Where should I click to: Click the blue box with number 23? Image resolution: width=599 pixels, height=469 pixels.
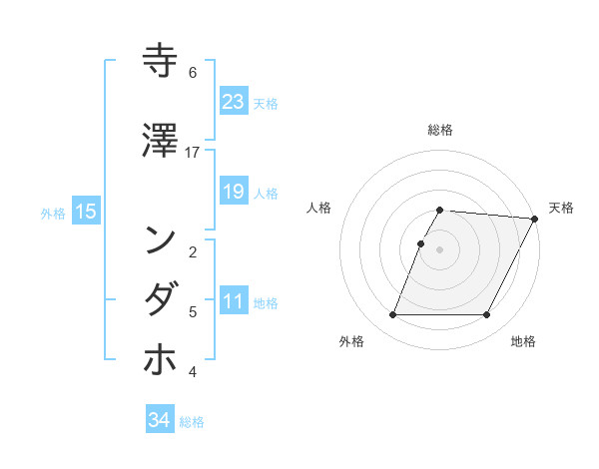tap(233, 102)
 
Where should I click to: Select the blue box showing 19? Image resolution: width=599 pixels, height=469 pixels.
tap(233, 192)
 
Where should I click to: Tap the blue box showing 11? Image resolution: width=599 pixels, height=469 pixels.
tap(233, 301)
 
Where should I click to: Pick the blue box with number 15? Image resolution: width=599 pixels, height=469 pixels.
tap(86, 211)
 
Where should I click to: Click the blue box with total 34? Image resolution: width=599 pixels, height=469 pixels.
tap(160, 420)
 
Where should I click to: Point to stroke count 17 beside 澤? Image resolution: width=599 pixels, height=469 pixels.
tap(193, 152)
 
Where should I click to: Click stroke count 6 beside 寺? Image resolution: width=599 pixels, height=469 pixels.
tap(193, 72)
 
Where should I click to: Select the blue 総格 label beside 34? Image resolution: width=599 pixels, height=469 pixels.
tap(192, 422)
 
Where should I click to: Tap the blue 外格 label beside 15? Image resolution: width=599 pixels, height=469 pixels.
tap(53, 213)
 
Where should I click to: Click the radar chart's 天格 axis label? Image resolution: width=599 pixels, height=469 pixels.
tap(561, 208)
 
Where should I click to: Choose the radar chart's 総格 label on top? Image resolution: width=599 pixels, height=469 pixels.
tap(440, 130)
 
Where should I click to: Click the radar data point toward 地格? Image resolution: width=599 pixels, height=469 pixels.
tap(487, 315)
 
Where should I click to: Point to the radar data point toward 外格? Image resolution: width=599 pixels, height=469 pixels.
tap(392, 315)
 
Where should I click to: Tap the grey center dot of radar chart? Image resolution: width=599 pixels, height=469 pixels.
tap(440, 249)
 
